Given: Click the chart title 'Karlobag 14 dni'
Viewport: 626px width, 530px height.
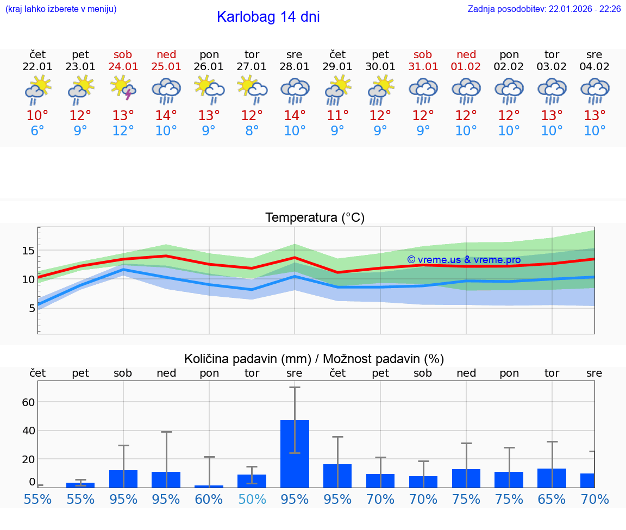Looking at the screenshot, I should pos(268,17).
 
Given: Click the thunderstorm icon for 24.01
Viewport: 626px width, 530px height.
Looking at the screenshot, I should pos(123,89).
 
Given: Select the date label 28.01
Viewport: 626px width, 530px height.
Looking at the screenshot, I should pos(295,67).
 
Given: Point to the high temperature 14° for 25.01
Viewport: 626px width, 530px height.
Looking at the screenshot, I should pos(166,115).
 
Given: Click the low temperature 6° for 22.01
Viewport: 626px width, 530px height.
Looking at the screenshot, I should pos(37,131).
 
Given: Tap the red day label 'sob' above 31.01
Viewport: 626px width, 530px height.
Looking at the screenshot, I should pos(423,54).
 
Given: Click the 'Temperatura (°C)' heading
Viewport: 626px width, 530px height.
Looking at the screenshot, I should pos(315,218).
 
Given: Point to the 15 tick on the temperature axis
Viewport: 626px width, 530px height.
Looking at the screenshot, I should pos(28,251).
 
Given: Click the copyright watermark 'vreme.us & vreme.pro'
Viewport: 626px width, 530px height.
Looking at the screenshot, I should pos(464,260).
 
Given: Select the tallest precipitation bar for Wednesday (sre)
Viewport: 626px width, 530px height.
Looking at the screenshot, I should pos(295,454).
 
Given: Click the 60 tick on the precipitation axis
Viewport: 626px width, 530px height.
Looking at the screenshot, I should pos(28,402).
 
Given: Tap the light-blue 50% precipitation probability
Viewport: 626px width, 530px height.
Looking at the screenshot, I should pos(252,499).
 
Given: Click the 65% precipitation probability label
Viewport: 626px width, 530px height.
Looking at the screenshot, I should pos(552,499).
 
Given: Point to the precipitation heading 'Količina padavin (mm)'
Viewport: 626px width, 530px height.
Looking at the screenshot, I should pos(247,359).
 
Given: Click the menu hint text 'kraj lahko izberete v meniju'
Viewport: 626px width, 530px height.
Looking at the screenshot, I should pos(61,9).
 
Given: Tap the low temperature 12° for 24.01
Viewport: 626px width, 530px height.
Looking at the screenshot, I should pos(123,131).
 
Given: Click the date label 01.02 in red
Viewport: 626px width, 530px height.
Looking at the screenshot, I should pos(466,67).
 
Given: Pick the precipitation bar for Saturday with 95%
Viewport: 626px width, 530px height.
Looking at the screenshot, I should pos(123,479).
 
